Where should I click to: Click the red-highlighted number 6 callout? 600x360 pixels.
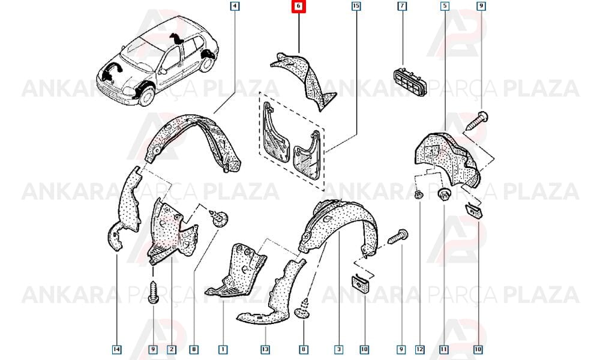[x=298, y=6]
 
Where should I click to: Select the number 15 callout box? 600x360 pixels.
[x=356, y=6]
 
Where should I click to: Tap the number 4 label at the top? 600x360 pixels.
[x=235, y=6]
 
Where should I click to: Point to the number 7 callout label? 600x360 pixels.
[x=402, y=6]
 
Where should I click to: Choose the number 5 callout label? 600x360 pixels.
[x=445, y=6]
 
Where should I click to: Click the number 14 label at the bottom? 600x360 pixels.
[x=117, y=349]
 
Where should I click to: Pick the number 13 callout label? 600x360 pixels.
[x=265, y=349]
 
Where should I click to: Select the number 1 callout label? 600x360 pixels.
[x=223, y=349]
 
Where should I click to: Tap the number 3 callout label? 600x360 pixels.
[x=338, y=349]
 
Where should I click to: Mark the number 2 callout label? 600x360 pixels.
[x=172, y=349]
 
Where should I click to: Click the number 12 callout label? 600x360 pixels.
[x=420, y=349]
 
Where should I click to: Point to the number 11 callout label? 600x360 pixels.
[x=444, y=349]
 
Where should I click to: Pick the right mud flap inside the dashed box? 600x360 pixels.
[x=307, y=155]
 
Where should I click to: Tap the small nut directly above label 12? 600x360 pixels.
[x=419, y=195]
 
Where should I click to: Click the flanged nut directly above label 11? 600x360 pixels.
[x=444, y=193]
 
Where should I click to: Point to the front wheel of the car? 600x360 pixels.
[x=146, y=95]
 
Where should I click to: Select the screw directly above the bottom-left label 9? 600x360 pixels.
[x=153, y=292]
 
